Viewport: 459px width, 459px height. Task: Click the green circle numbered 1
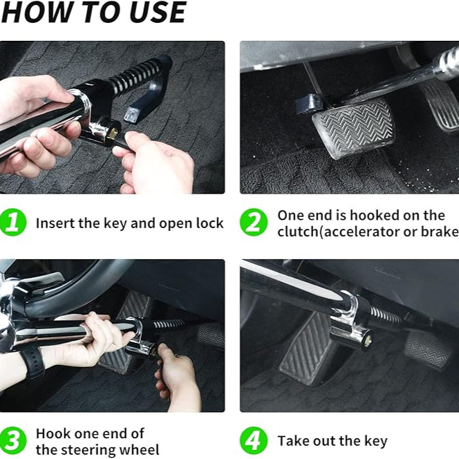coord(13,222)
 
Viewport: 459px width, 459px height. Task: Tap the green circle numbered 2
coord(254,222)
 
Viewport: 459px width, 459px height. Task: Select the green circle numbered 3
coord(13,440)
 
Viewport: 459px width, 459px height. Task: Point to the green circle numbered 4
coord(254,440)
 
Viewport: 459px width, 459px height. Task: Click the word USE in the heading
coord(158,12)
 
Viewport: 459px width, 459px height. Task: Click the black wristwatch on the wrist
coord(32,362)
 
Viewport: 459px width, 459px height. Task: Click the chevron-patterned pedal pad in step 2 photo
coord(354,128)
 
